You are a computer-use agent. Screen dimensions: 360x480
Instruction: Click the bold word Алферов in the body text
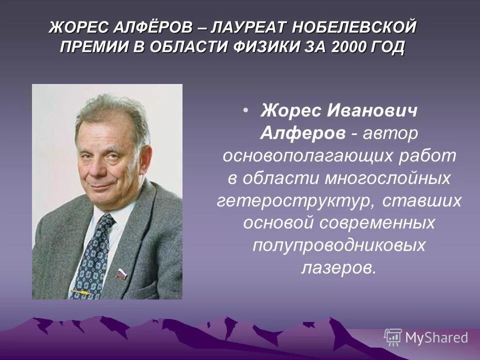[302, 133]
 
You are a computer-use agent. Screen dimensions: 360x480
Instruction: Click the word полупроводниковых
[338, 245]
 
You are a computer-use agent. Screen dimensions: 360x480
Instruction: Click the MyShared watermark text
[436, 337]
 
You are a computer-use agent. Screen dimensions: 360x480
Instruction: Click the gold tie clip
[79, 291]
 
